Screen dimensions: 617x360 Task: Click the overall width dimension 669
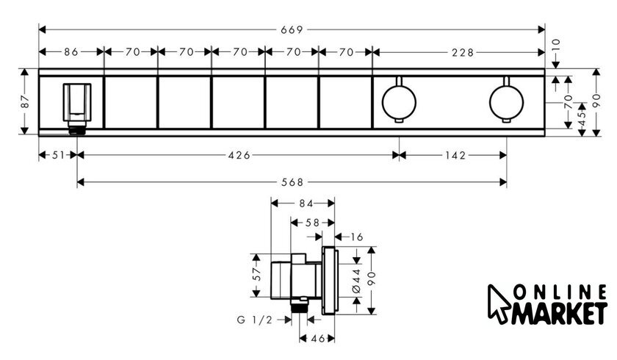click(292, 29)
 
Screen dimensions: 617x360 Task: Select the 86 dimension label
click(71, 52)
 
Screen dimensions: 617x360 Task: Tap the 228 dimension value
click(463, 52)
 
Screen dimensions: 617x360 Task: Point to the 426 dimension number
click(239, 156)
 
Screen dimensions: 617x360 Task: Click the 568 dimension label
click(293, 182)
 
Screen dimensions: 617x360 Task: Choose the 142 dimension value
click(455, 156)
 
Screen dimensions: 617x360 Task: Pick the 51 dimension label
click(58, 156)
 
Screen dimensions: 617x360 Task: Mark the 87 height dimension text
click(25, 101)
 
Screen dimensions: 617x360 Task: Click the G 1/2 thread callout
click(255, 320)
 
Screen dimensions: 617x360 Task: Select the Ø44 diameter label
click(356, 281)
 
